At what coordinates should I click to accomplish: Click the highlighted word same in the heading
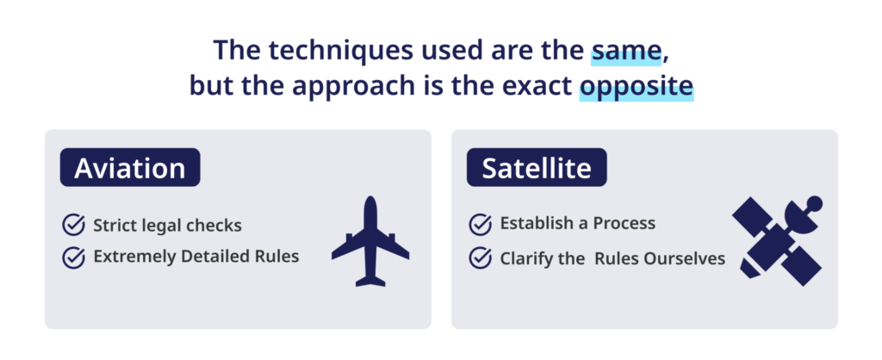626,51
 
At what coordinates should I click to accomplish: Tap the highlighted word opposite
637,88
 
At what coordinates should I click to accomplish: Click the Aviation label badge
130,168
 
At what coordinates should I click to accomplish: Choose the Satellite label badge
537,168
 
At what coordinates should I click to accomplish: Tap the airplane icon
370,241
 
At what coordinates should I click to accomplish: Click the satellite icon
778,241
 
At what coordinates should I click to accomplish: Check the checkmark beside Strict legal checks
74,225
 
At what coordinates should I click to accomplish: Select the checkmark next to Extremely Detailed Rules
74,257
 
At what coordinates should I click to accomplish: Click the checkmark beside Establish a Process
481,224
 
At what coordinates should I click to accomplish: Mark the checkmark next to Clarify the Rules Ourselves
481,258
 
